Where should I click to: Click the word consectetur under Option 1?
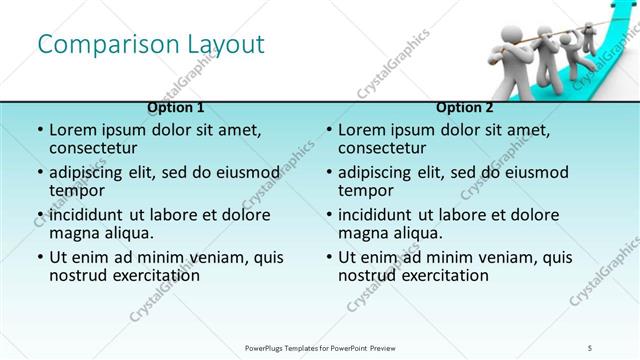coord(95,149)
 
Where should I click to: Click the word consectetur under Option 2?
coord(384,149)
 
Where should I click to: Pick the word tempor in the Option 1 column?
coord(74,191)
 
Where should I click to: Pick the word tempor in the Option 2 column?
coord(363,191)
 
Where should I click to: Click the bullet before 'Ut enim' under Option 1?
coord(39,257)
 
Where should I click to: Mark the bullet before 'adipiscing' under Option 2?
coord(328,172)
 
